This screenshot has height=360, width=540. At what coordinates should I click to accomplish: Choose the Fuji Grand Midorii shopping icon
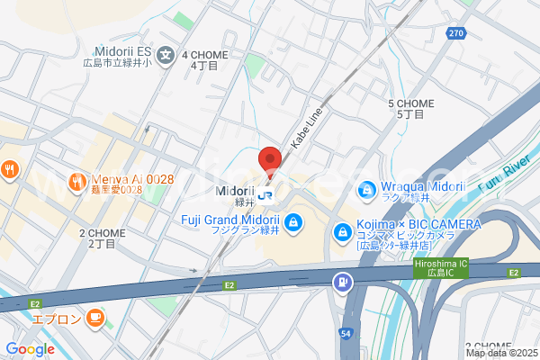293,222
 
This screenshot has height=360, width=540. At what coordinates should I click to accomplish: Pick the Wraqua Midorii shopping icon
365,190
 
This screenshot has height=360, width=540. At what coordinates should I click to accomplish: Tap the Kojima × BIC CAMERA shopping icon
342,233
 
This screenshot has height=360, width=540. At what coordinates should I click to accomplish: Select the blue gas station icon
343,283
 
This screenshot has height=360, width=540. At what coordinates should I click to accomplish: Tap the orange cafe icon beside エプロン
95,318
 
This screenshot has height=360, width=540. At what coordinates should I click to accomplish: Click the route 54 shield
346,334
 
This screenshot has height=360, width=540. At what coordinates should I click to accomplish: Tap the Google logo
30,349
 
